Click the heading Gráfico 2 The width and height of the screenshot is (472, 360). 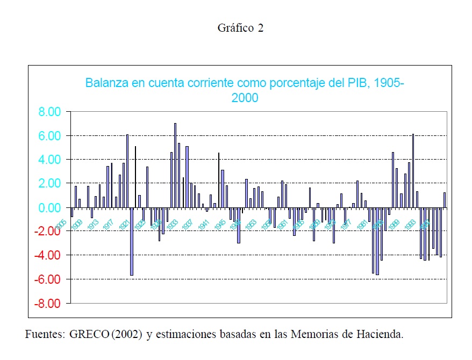[240, 28]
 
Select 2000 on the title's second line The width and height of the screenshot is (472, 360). [245, 98]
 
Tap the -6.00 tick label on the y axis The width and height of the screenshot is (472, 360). [49, 279]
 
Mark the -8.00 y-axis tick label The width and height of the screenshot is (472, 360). [49, 303]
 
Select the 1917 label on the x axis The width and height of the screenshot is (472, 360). [108, 224]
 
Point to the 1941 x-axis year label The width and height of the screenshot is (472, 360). [203, 224]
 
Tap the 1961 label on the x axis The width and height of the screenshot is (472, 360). [282, 224]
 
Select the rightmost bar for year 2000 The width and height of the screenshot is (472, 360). [445, 200]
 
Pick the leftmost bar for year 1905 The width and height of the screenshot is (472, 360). [71, 212]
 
